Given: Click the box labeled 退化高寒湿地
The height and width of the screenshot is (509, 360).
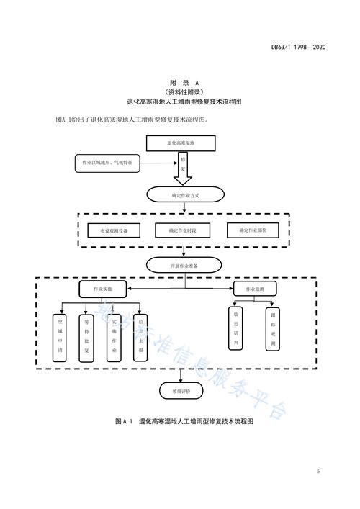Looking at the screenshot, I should tap(181, 143).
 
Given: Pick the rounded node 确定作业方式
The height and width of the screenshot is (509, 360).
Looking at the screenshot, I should tap(182, 194).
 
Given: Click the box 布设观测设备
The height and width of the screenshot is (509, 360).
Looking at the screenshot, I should tap(109, 231).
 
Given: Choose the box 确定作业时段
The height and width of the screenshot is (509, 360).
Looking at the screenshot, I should tap(181, 231).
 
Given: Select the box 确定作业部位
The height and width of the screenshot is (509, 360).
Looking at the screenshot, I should tap(252, 231).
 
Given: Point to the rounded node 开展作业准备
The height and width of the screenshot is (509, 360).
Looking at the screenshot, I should tap(182, 265).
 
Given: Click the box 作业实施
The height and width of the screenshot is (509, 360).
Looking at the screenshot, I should tap(104, 288).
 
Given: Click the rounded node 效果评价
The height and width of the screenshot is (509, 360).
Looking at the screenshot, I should tap(181, 391).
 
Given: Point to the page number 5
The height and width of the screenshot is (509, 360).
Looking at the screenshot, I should tap(318, 472).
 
